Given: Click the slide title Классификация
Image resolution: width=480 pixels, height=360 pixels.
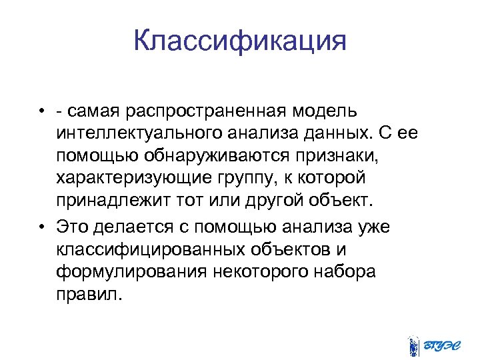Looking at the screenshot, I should pos(240,41).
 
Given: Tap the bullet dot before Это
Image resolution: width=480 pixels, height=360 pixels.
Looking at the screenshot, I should pos(41,227).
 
